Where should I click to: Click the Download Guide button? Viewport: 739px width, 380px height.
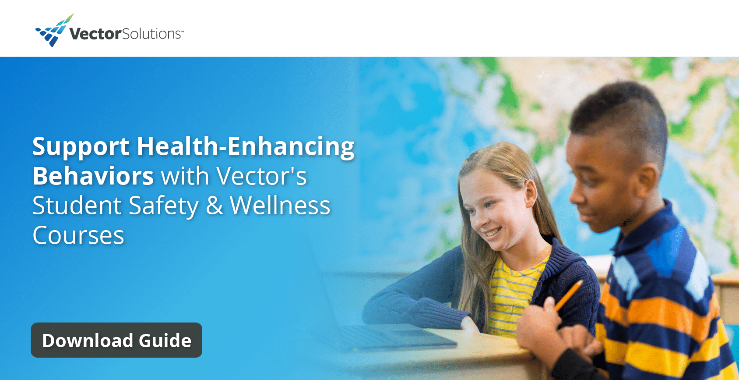[x=116, y=340]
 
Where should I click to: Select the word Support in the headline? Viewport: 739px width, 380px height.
[x=81, y=147]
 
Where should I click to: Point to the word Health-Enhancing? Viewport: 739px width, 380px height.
[x=246, y=147]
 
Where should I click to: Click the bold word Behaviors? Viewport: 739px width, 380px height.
[x=93, y=176]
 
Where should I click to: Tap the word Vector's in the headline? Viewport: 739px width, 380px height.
[x=261, y=176]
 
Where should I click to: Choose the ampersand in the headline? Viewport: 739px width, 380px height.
[x=214, y=206]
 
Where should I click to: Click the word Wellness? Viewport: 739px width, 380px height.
[x=280, y=206]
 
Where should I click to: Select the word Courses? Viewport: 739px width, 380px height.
[x=78, y=235]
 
